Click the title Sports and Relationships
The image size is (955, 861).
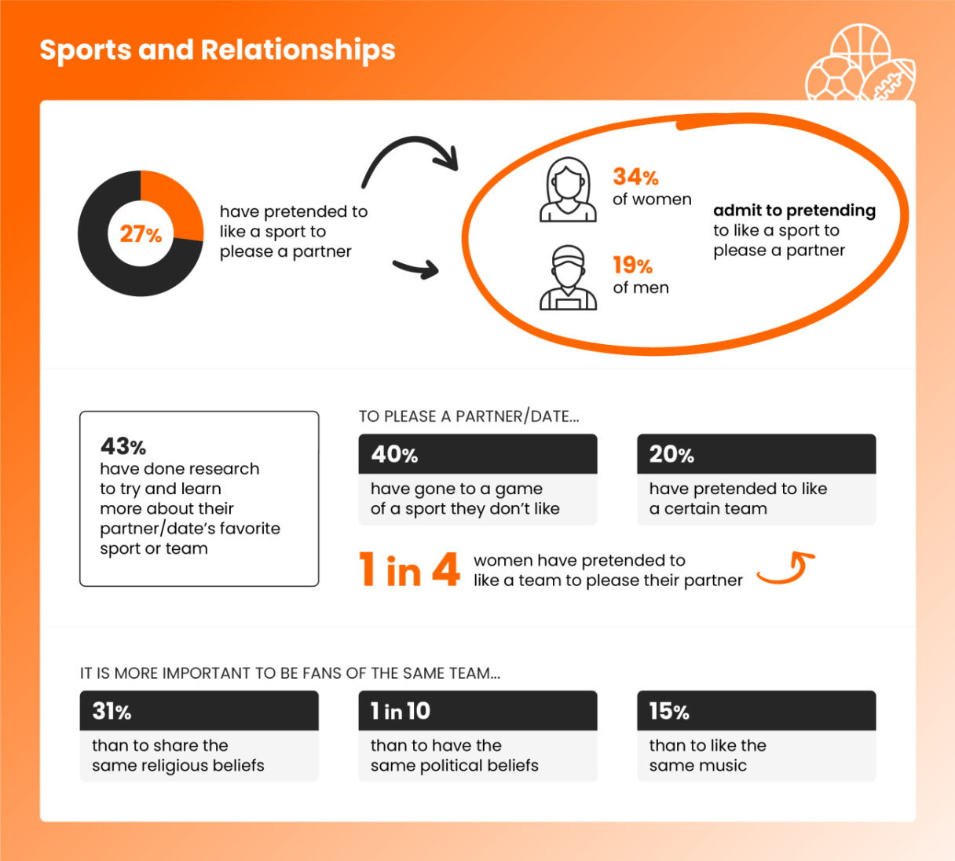pos(218,49)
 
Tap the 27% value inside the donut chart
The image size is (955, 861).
pos(141,234)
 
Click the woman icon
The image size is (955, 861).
pos(568,190)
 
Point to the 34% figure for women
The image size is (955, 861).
pos(635,177)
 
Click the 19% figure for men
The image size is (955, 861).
pos(633,266)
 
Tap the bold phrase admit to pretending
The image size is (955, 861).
pos(794,211)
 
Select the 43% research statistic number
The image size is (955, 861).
pos(123,446)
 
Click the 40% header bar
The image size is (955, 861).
pos(477,454)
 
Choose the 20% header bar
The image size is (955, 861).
pos(756,454)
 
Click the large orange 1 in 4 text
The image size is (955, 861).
pos(409,570)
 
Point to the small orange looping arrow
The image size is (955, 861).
pos(786,569)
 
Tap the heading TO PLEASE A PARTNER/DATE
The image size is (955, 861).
pos(469,416)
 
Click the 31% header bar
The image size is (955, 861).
pos(199,711)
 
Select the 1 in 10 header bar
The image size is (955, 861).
pos(477,711)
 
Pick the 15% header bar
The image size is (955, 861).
pos(756,711)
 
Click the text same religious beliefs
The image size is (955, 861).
pos(178,765)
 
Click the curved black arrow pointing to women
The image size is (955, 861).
pos(408,159)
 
